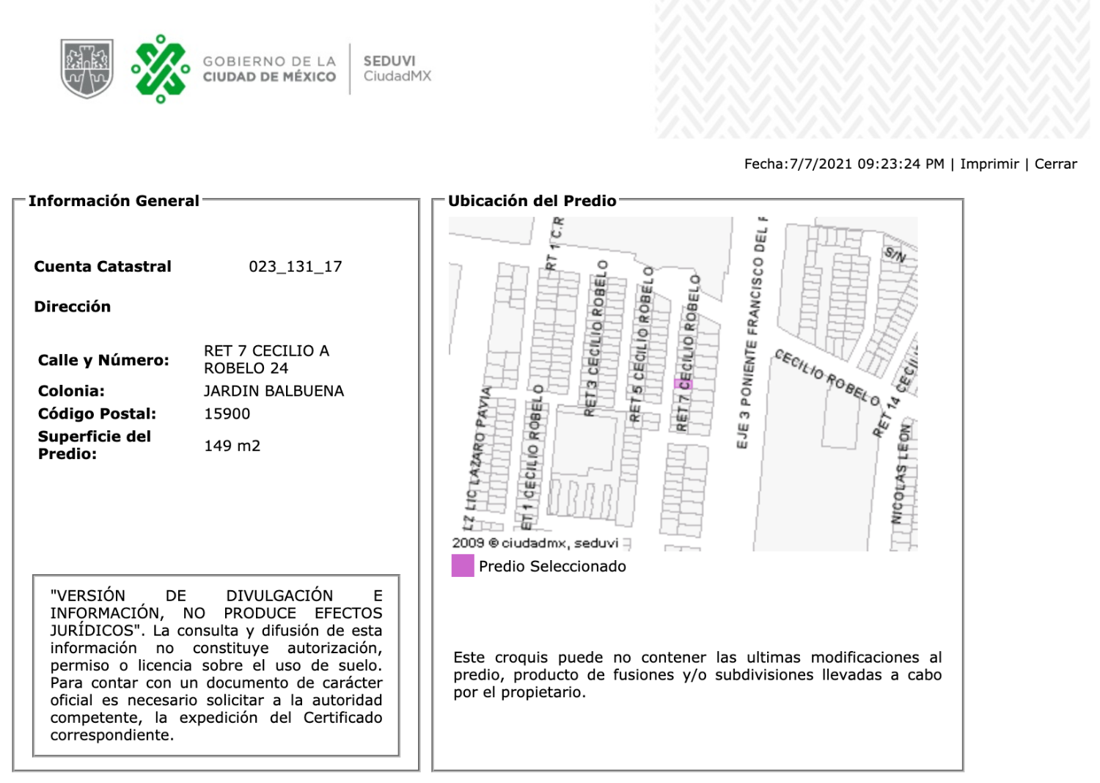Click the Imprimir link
[989, 164]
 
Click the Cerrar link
[1055, 164]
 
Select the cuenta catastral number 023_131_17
[295, 267]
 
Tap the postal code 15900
[227, 414]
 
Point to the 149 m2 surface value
[232, 446]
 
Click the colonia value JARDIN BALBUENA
[274, 391]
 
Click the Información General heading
[114, 201]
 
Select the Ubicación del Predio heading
[532, 201]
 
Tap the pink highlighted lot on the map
[683, 383]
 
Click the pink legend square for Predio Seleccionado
[463, 566]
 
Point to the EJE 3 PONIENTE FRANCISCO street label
[752, 334]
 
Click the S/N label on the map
[895, 255]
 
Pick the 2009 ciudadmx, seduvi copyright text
[535, 543]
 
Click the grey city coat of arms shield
[87, 68]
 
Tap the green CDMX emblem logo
[161, 68]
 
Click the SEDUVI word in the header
[389, 61]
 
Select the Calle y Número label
[103, 361]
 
